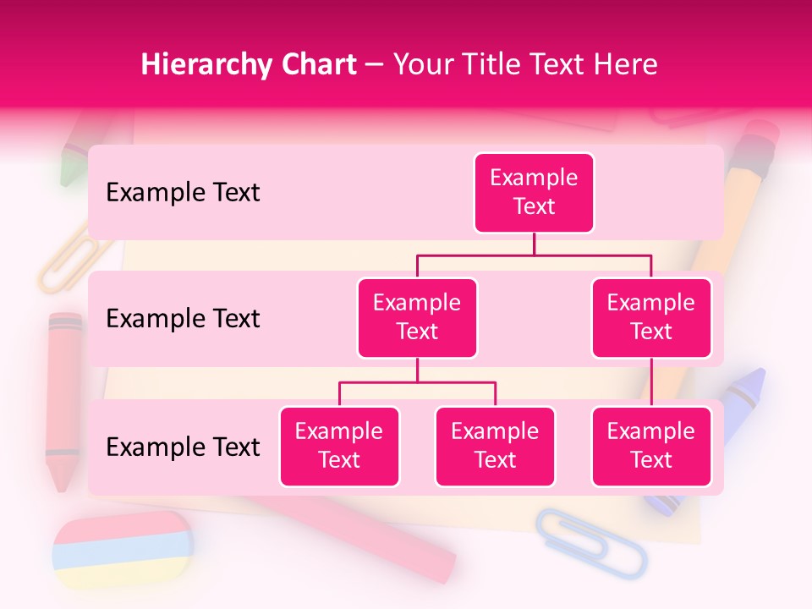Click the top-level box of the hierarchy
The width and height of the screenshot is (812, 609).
point(534,193)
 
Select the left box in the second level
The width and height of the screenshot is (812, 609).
point(417,317)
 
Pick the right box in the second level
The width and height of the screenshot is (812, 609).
point(651,317)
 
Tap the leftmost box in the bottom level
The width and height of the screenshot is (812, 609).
point(339,446)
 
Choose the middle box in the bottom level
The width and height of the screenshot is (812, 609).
point(495,446)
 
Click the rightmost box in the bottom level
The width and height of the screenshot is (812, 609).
point(651,446)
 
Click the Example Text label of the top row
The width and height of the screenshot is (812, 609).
point(183,193)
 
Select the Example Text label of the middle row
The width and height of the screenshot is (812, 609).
point(183,319)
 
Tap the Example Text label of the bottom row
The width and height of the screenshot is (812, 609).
point(183,447)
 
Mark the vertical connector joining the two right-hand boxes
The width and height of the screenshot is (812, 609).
point(651,382)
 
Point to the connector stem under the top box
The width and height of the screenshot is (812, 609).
point(534,244)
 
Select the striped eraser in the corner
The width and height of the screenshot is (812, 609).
point(123,550)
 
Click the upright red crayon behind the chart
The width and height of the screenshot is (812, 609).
point(64,398)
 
